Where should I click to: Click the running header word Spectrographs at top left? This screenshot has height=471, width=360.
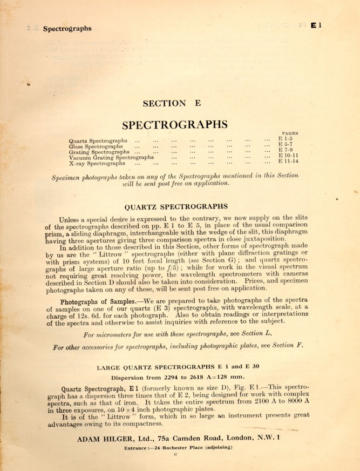click(67, 29)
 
